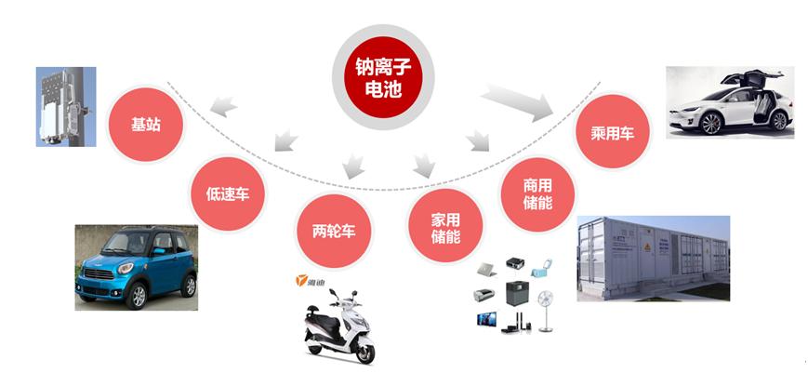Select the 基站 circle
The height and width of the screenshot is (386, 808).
tap(146, 124)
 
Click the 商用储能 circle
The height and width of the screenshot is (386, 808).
tap(538, 193)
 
